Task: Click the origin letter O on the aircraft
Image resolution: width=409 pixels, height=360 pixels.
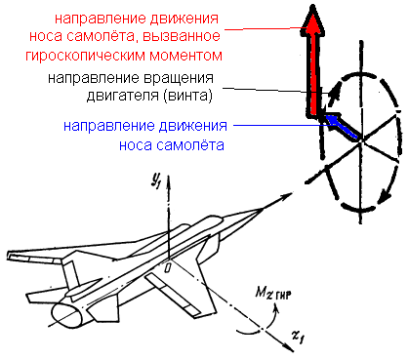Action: click(x=167, y=266)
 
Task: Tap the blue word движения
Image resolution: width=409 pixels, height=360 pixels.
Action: click(x=179, y=127)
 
